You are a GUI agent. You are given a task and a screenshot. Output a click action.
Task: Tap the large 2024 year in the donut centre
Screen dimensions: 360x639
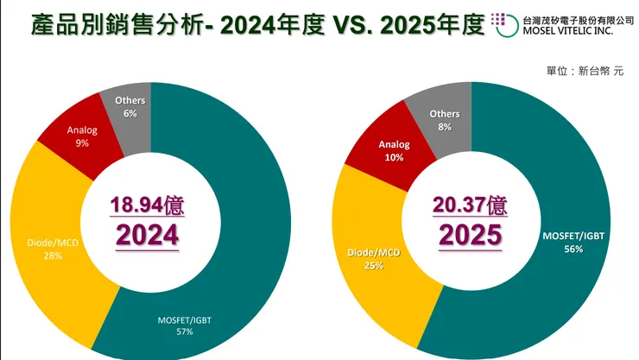[x=148, y=235]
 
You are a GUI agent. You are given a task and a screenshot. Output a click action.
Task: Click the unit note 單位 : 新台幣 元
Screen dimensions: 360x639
[x=585, y=71]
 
